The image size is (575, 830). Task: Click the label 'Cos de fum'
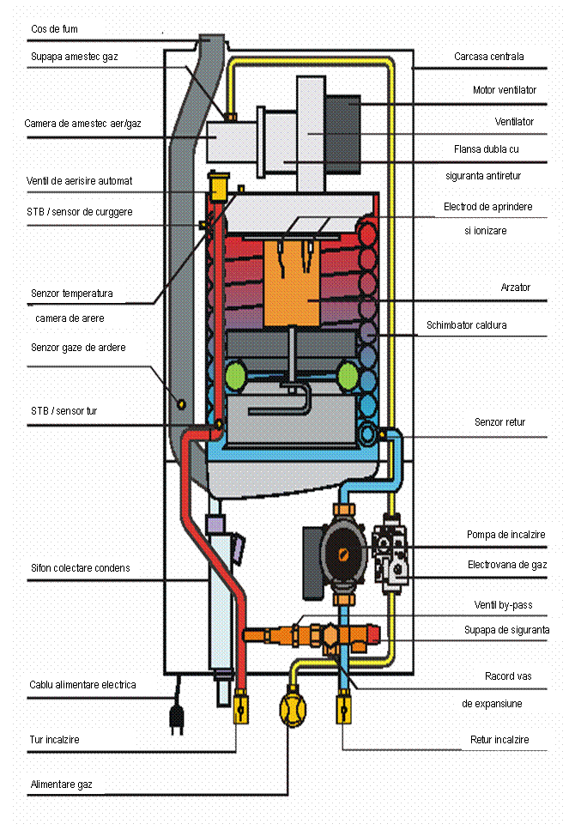point(54,29)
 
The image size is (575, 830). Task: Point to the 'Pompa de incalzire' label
point(505,535)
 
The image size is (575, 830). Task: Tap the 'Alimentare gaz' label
point(62,784)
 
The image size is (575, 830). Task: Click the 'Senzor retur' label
point(499,422)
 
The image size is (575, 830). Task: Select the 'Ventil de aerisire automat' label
point(79,181)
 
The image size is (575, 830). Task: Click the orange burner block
point(296,283)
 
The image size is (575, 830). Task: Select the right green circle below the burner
point(348,376)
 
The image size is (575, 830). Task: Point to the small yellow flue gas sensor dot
point(181,403)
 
